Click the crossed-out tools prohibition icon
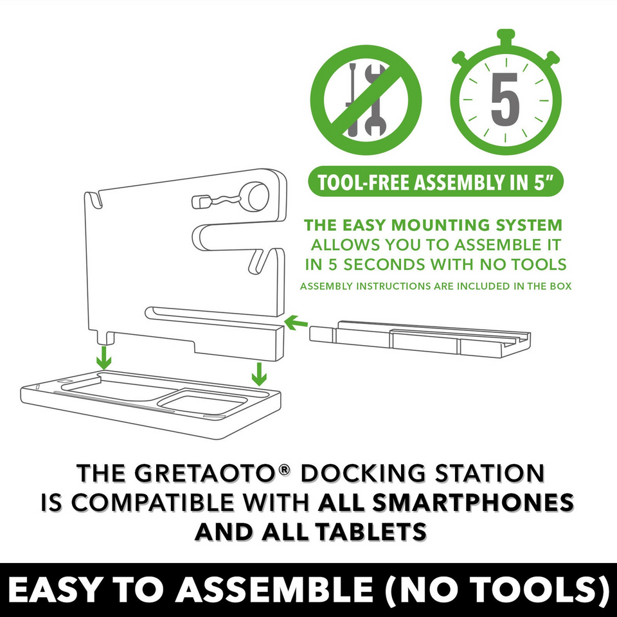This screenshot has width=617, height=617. [x=366, y=99]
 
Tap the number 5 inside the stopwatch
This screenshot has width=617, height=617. [x=505, y=101]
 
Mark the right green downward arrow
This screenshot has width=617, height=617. [x=258, y=371]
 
